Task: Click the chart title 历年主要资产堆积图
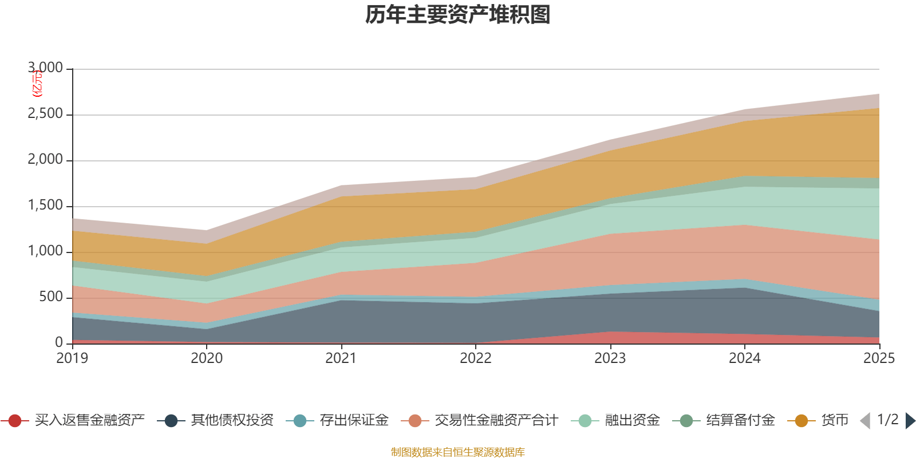point(458,15)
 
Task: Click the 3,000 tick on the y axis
point(45,68)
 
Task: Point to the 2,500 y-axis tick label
point(45,114)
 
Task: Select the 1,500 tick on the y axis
point(45,206)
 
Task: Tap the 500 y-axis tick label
point(51,297)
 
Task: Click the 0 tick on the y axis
point(59,343)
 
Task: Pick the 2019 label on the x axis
point(72,358)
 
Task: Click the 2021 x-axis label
point(341,358)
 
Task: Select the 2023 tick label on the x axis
point(610,358)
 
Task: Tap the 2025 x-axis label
point(879,358)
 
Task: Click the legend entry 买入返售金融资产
point(89,421)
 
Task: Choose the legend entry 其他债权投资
point(232,421)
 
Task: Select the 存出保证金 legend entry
point(354,421)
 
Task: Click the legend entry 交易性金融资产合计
point(496,421)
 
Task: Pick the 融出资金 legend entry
point(633,421)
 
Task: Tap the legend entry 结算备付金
point(740,421)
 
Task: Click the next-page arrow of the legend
point(910,421)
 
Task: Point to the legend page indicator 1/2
point(888,420)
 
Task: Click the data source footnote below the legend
point(458,452)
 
